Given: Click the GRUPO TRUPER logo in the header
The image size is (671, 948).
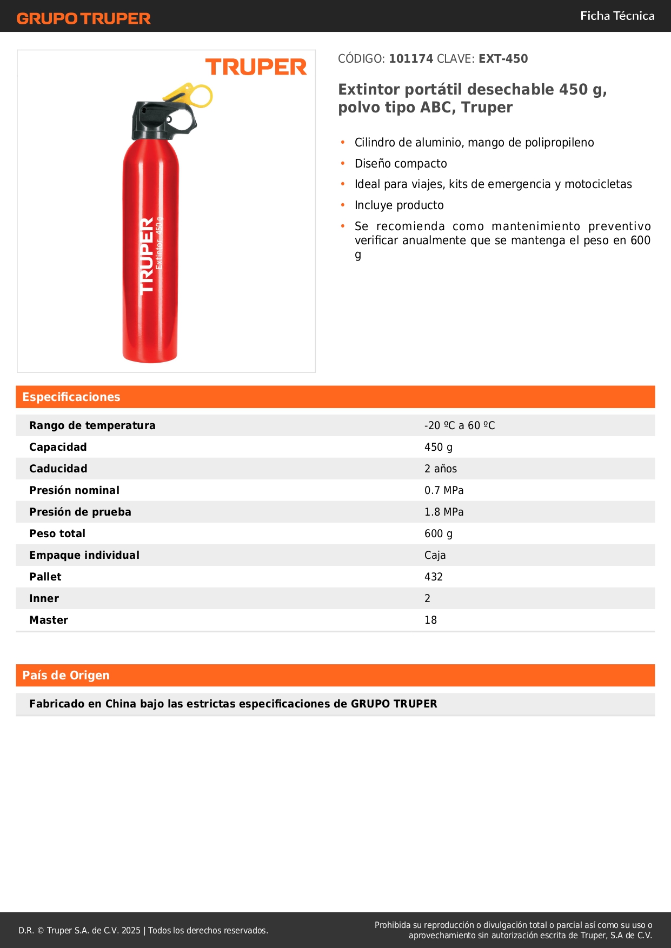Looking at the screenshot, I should point(84,18).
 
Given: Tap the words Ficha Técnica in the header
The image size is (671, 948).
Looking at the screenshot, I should point(617,16).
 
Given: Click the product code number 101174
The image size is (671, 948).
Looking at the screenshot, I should point(411,58).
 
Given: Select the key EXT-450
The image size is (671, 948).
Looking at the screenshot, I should point(503,58).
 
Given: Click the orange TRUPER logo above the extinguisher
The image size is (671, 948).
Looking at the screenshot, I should point(256,67).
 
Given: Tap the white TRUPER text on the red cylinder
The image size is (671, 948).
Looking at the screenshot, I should point(147,256).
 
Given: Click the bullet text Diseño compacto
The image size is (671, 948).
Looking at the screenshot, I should point(401,163).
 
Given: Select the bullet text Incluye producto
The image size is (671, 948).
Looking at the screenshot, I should point(399,205).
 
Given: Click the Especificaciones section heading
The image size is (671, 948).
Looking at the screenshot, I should point(71,397).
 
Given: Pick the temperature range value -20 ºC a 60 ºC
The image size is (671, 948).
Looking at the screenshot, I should point(460,425).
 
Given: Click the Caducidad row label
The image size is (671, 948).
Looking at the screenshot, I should point(58,469).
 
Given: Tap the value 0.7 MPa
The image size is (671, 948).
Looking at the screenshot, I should point(444,490).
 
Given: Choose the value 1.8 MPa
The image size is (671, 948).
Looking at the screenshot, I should point(444,512).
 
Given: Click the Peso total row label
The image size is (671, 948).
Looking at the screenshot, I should point(57,533).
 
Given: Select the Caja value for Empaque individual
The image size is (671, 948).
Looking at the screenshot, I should point(435,555).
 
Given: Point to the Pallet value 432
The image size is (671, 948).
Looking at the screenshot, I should point(434,577).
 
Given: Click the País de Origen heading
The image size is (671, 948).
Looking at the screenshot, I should point(66,675).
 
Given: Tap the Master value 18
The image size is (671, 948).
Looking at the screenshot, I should point(430,620).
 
